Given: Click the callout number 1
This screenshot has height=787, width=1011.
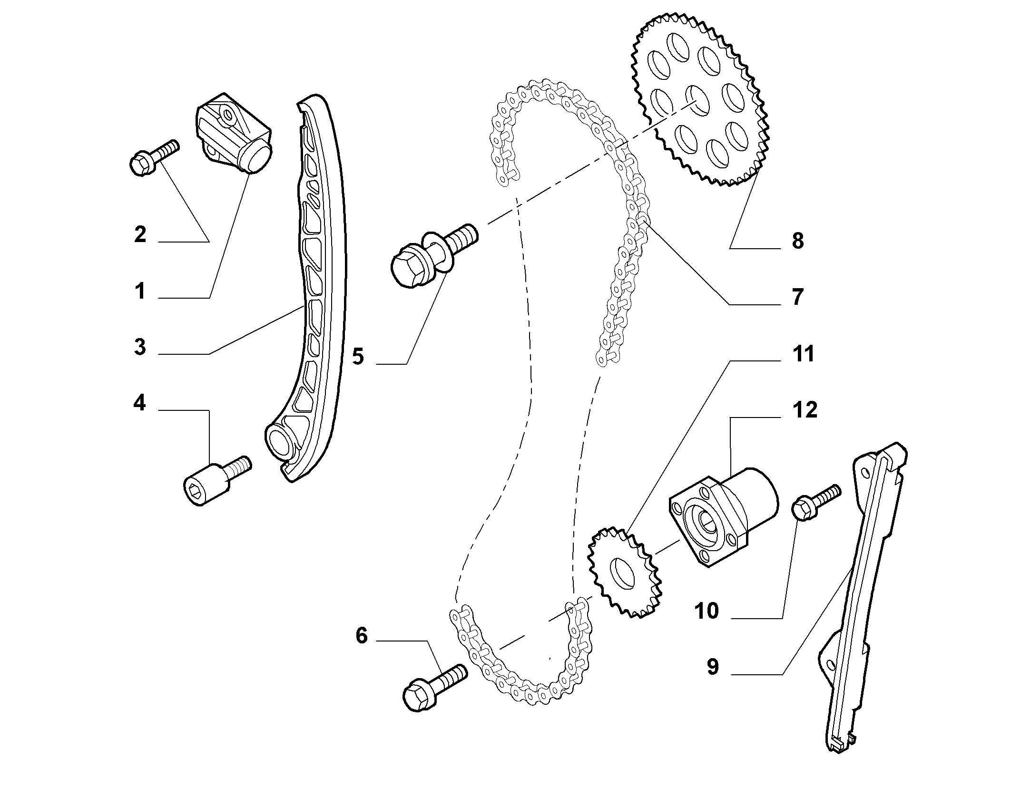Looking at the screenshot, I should pos(139,291).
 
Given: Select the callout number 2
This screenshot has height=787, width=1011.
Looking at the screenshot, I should pos(139,235).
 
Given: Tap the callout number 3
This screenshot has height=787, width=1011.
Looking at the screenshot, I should pos(139,347).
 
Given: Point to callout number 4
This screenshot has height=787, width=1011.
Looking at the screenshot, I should pos(139,403).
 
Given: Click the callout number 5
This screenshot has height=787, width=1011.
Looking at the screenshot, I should pos(358,356).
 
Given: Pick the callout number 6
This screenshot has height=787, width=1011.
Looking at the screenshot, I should pos(362,635).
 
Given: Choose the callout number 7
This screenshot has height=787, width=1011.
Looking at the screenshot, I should pos(797,297).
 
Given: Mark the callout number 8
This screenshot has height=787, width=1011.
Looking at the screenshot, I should pos(797,241).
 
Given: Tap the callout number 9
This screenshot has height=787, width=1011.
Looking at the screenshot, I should pos(712,667).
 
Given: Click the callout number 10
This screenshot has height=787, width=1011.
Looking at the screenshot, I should pos(707,611).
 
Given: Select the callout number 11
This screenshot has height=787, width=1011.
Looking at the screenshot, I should pos(804,354).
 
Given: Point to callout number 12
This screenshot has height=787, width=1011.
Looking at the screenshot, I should pos(805,410).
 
